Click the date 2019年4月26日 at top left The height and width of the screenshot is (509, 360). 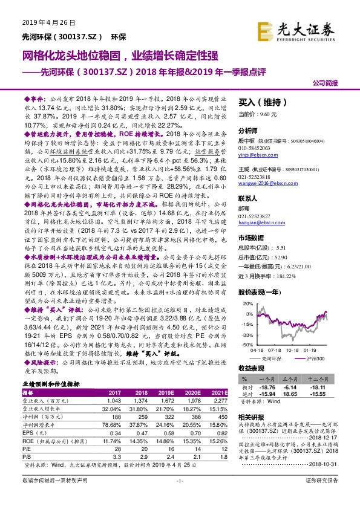48,22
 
